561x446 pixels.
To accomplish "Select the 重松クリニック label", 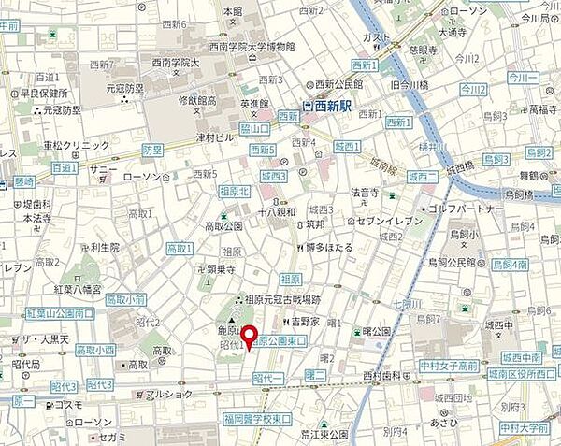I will [x=77, y=146].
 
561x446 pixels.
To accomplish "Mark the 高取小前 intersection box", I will [x=124, y=299].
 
